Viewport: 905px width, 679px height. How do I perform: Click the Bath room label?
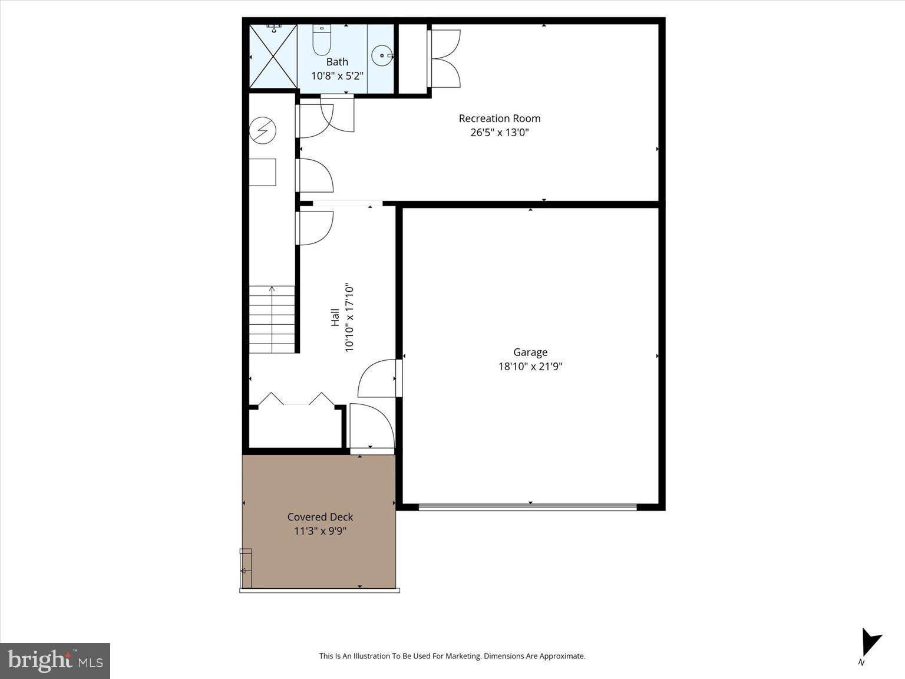coord(337,62)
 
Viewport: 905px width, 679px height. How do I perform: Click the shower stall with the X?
coord(273,57)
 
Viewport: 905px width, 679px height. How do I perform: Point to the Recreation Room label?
coord(500,118)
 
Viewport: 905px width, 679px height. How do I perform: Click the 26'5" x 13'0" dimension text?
coord(500,133)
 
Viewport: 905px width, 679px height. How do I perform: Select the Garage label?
coord(530,352)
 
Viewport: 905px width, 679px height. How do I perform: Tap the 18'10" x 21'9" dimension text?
coord(530,367)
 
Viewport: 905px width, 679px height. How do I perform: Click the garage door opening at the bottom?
coord(528,506)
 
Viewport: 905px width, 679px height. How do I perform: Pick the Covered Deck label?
coord(320,517)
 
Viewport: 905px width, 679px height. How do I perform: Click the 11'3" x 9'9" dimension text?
coord(320,531)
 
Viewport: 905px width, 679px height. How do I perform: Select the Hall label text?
coord(335,318)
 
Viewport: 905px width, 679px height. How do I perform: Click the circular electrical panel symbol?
coord(262,130)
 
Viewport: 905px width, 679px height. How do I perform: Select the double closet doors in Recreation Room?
coord(445,58)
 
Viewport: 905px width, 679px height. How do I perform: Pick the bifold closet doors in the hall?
coord(297,399)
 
